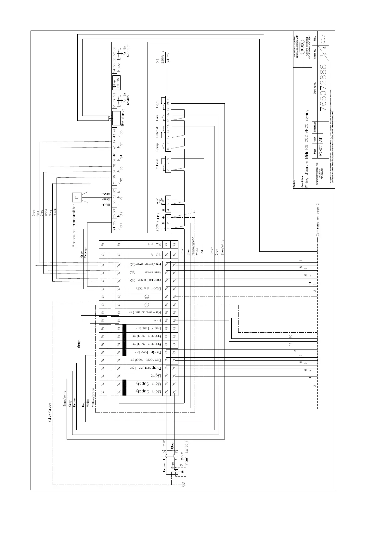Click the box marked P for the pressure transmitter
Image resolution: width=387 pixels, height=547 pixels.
pyautogui.click(x=77, y=197)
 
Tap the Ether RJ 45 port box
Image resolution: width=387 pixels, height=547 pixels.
pyautogui.click(x=116, y=83)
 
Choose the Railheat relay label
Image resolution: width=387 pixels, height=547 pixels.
pyautogui.click(x=157, y=164)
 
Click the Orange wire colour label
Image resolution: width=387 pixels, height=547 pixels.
pyautogui.click(x=85, y=253)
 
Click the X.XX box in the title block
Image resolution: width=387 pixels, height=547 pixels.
pyautogui.click(x=303, y=44)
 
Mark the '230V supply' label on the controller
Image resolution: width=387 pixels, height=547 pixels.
pyautogui.click(x=157, y=222)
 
